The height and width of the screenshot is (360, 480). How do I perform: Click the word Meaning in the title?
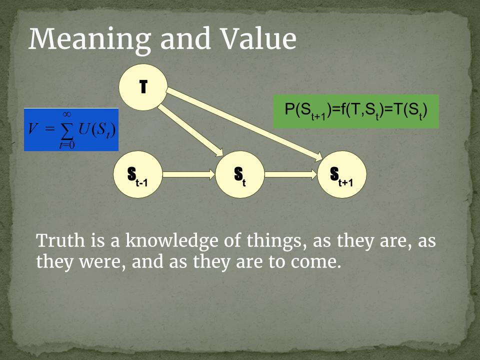click(x=89, y=39)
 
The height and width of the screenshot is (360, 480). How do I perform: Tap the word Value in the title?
click(x=258, y=38)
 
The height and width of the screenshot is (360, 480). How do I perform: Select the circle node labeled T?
click(x=143, y=87)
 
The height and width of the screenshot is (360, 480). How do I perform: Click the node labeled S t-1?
click(x=138, y=174)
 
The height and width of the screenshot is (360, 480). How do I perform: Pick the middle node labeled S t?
click(x=239, y=174)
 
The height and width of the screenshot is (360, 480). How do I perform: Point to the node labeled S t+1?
click(x=342, y=174)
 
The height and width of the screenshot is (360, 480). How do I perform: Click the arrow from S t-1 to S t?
click(x=189, y=174)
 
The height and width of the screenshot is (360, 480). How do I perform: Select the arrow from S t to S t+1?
click(x=291, y=174)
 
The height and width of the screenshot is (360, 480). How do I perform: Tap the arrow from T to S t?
click(x=190, y=130)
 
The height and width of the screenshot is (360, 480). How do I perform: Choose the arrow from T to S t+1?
click(x=244, y=124)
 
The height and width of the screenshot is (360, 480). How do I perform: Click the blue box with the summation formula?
click(x=71, y=129)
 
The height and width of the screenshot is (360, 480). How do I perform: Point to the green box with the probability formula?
click(x=355, y=111)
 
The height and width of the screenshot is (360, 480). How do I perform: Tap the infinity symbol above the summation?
click(x=67, y=114)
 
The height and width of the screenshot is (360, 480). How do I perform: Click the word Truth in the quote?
click(x=60, y=240)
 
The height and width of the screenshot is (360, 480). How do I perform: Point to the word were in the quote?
click(x=102, y=262)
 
